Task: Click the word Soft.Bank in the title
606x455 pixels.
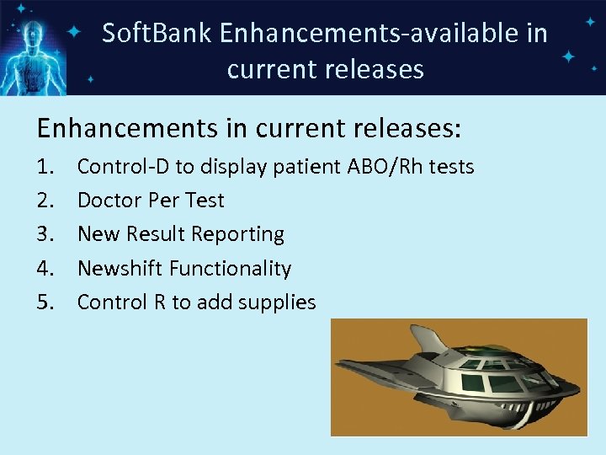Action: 156,34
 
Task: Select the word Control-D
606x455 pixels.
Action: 123,167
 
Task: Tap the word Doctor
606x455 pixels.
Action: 109,201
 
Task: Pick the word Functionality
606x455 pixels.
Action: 231,269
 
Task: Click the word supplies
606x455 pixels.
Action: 277,302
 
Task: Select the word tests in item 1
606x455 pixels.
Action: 452,167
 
